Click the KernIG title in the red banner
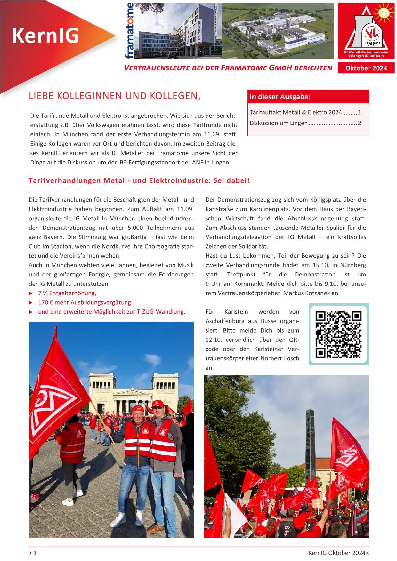click(x=45, y=36)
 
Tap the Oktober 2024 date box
click(x=366, y=68)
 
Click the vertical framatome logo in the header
click(x=130, y=31)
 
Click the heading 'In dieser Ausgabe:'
click(x=280, y=97)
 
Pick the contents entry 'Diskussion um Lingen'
click(x=279, y=123)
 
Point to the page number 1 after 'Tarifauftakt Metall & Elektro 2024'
click(x=360, y=112)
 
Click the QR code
click(x=339, y=334)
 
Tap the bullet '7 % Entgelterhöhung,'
click(x=67, y=293)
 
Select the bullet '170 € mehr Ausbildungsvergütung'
click(x=85, y=302)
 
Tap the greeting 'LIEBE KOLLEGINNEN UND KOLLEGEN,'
click(x=115, y=96)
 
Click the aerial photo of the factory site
click(x=278, y=30)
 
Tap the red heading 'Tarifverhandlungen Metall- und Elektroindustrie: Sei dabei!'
click(x=139, y=180)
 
